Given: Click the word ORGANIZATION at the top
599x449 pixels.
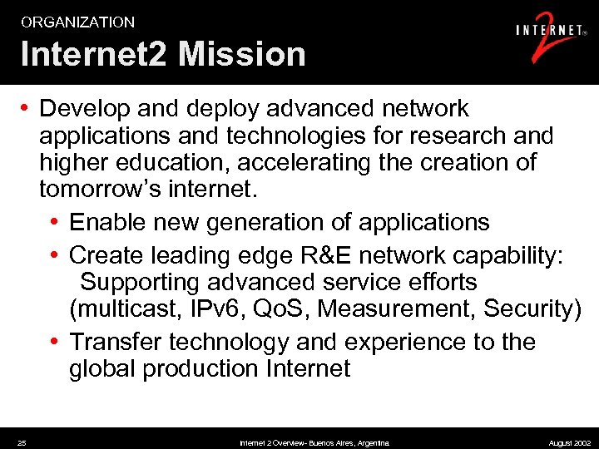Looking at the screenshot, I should point(77,22).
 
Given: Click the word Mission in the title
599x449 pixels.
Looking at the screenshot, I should point(241,55).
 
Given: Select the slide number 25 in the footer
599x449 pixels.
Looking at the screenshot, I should point(22,443).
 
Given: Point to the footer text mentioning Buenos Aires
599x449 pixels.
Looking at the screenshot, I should point(314,443).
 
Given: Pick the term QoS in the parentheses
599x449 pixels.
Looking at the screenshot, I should point(275,309).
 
